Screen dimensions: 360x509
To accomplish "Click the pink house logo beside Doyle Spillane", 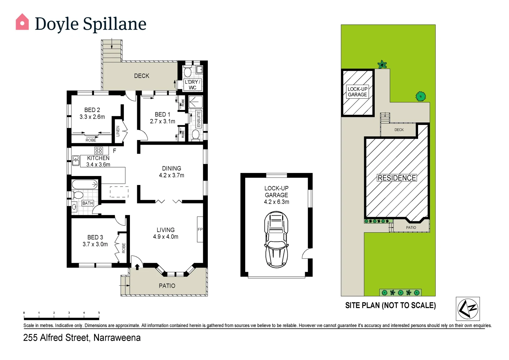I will point(22,22).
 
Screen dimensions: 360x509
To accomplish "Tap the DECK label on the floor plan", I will point(142,76).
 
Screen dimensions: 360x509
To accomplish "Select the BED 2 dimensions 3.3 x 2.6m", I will point(92,117).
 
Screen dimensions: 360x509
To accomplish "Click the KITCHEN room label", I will point(98,158).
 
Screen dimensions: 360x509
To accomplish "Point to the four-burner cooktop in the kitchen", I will point(99,150).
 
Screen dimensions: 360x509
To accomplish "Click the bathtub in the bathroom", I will point(85,184).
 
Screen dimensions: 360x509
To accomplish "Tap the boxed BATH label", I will point(88,203).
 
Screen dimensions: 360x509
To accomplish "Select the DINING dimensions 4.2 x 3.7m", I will point(172,175).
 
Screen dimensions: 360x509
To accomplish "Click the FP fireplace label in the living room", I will point(200,229).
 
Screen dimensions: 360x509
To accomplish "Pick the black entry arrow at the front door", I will point(137,266).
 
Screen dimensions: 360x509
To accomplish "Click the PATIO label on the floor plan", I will point(167,286).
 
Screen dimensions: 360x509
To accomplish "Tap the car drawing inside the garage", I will point(276,239).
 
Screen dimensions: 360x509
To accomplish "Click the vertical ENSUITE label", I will point(199,119).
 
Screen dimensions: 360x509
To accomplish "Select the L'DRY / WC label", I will point(193,85).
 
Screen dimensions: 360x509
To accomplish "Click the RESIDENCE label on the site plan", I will point(396,178).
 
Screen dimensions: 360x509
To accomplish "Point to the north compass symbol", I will point(468,309).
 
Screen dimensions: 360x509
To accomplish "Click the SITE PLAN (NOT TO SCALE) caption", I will point(390,305).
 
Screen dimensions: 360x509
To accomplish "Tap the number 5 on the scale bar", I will point(99,313).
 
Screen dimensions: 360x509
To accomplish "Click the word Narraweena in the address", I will point(117,338).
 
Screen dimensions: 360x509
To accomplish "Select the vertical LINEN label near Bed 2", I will point(118,131).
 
